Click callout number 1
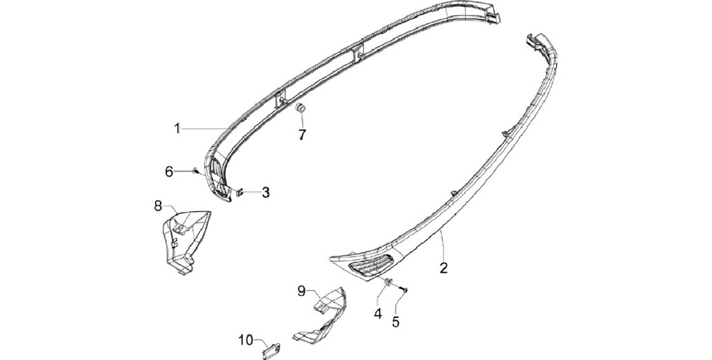pos(177,129)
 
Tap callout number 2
pos(444,268)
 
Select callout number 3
pos(266,192)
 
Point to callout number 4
pos(378,313)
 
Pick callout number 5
pos(396,322)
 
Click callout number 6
pos(169,172)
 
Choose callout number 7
pos(302,135)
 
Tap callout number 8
pos(158,206)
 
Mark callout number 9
pos(301,291)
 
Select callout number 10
pos(246,339)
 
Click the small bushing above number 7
pos(300,109)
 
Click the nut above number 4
pos(388,282)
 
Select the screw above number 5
pos(403,289)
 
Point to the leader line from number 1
pos(203,129)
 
